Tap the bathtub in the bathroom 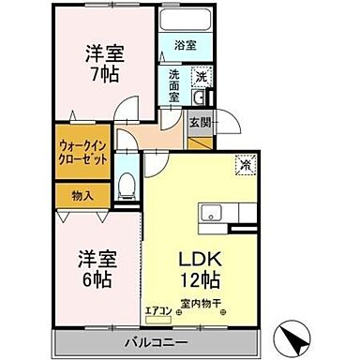(x=186, y=22)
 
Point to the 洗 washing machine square (x=200, y=78)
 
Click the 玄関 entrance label (x=200, y=123)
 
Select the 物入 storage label (x=83, y=195)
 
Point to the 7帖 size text (x=98, y=74)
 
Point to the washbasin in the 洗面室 (x=198, y=97)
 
